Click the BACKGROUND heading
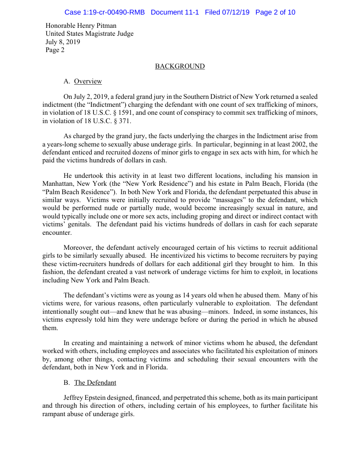pos(180,66)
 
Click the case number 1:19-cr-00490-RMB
pos(105,12)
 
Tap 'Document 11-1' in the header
pos(175,12)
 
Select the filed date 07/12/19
pos(234,12)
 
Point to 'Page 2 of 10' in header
pos(275,12)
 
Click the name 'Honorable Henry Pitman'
pos(81,26)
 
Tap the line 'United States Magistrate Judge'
pos(90,34)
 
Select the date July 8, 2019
pos(63,42)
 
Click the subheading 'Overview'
pos(88,81)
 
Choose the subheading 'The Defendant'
pos(95,382)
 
